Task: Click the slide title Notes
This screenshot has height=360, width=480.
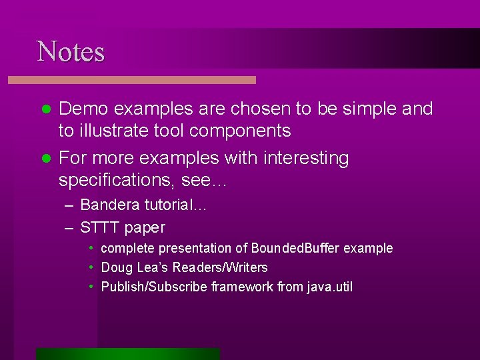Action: pyautogui.click(x=71, y=52)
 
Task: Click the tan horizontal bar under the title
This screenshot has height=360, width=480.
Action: pyautogui.click(x=131, y=80)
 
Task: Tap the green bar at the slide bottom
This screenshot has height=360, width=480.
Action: pyautogui.click(x=128, y=353)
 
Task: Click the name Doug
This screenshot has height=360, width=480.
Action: pyautogui.click(x=115, y=268)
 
